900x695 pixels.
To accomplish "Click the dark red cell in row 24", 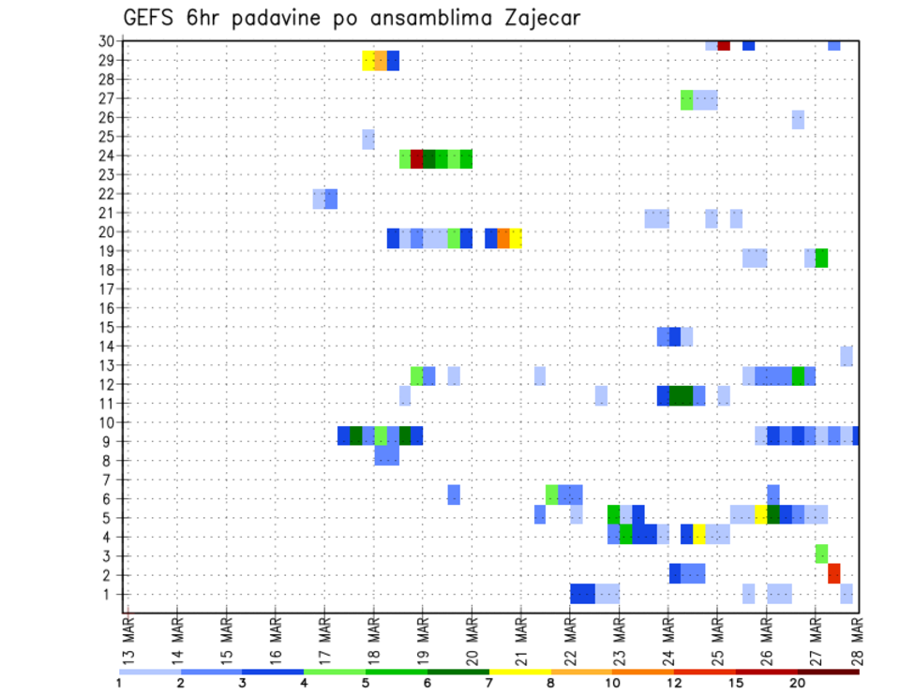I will [417, 159].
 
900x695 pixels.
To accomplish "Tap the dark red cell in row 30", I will [724, 45].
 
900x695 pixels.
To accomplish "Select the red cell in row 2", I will [833, 573].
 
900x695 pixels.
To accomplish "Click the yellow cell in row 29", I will [368, 61].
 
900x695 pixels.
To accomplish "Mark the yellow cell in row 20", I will [516, 238].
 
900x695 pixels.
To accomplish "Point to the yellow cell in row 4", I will [699, 534].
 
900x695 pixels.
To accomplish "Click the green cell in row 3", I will [821, 554].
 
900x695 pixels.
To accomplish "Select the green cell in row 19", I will [821, 258].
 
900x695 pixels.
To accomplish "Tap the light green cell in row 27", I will [687, 99].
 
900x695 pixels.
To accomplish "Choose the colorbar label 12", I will [675, 683].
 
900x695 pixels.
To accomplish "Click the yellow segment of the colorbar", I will [519, 671].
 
